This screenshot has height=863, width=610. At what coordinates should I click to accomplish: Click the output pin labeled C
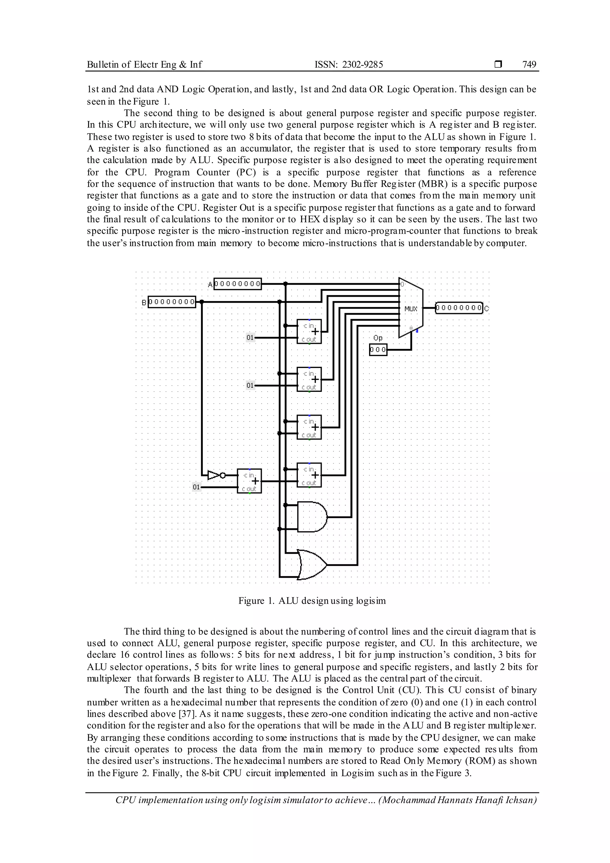(x=459, y=308)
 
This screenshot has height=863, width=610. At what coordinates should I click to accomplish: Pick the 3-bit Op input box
(x=378, y=350)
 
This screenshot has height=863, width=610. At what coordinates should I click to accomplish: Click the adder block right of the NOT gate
(x=249, y=481)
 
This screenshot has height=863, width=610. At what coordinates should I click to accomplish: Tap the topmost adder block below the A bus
(x=309, y=331)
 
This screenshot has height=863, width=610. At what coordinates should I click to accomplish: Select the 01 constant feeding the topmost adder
(x=250, y=338)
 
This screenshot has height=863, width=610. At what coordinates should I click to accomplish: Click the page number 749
(x=529, y=65)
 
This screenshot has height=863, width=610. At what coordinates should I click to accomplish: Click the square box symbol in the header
(x=498, y=65)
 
